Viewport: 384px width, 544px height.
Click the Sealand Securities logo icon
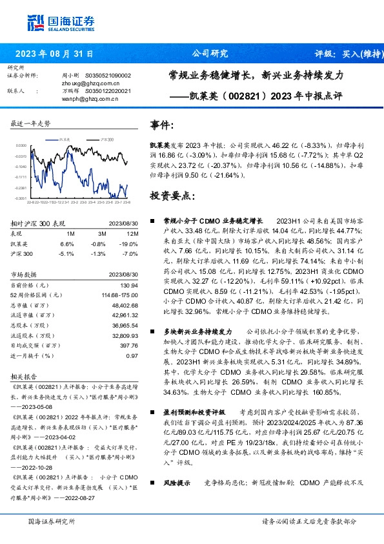coord(35,22)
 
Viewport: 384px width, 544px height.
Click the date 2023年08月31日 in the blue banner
coord(54,54)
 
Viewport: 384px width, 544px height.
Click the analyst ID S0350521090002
coord(108,76)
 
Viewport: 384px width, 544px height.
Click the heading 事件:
coord(161,125)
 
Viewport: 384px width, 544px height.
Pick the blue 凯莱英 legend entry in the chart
coord(62,139)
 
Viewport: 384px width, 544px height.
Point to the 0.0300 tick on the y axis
coord(21,146)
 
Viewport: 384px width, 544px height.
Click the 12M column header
coord(133,233)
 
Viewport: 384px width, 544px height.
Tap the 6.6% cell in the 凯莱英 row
coord(67,244)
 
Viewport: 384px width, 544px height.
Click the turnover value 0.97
coord(132,355)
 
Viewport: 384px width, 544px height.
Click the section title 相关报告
coord(25,375)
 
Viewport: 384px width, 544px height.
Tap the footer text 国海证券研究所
coord(48,521)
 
